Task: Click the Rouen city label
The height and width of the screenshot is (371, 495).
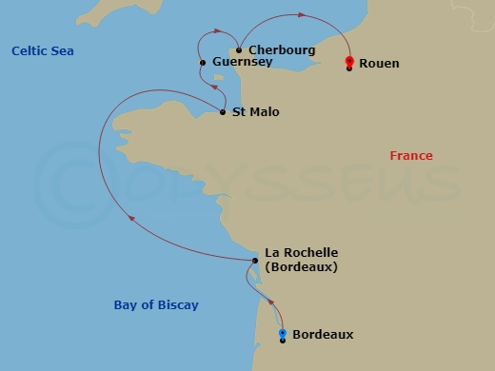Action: (379, 64)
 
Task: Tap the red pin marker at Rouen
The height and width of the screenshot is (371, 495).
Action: (350, 62)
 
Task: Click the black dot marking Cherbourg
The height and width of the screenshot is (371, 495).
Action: (238, 50)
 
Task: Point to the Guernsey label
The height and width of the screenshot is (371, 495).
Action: (243, 62)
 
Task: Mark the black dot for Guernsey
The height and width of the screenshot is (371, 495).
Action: (203, 63)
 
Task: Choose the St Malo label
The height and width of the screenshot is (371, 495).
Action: (256, 112)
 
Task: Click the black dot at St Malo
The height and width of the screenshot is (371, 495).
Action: (223, 112)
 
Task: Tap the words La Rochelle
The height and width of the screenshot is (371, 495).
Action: (301, 252)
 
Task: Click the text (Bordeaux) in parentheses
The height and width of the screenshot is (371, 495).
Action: (301, 266)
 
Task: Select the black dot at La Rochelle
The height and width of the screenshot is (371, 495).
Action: (255, 261)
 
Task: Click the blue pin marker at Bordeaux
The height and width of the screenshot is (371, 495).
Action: (283, 334)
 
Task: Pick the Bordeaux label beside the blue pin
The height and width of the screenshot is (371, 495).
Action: (323, 334)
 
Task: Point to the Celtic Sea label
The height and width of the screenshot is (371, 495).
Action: (43, 50)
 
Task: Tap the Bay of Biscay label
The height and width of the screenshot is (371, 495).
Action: (155, 304)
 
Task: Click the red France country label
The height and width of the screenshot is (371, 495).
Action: (411, 155)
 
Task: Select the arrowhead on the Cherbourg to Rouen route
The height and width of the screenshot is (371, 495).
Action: (302, 15)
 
